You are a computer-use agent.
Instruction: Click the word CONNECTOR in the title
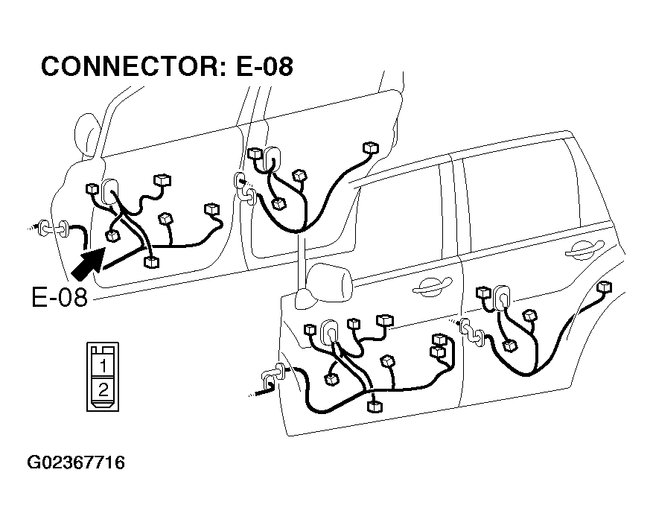point(133,66)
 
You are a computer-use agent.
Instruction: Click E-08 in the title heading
point(264,66)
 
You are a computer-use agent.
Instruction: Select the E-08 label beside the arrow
point(60,298)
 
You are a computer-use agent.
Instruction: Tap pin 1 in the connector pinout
point(103,366)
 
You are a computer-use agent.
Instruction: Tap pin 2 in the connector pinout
point(103,390)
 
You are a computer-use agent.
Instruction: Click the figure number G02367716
point(76,463)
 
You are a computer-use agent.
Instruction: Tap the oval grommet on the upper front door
point(109,191)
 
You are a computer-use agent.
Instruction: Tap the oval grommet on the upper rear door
point(272,159)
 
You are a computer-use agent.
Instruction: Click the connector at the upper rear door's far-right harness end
point(371,148)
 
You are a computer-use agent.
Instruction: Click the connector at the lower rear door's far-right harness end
point(604,287)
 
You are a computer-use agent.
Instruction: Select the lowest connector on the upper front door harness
point(151,262)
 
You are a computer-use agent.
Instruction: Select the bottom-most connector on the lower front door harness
point(375,407)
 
